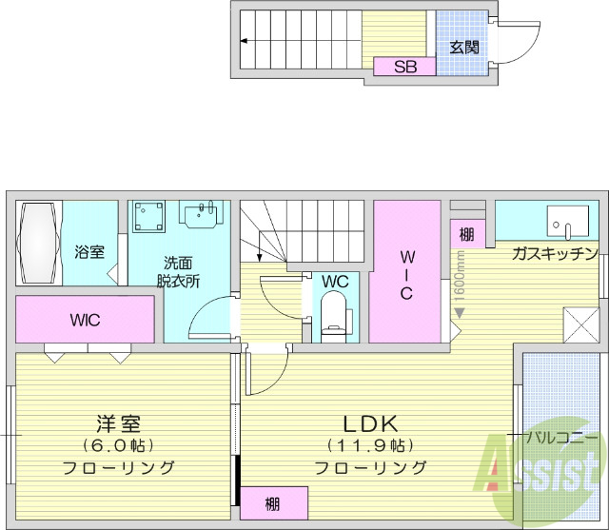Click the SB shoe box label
pyautogui.click(x=404, y=67)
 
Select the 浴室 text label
pyautogui.click(x=88, y=252)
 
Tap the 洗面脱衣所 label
pyautogui.click(x=178, y=271)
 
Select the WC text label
pyautogui.click(x=334, y=282)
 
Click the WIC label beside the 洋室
pyautogui.click(x=85, y=320)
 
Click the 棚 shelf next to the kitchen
pyautogui.click(x=466, y=234)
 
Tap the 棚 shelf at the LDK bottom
pyautogui.click(x=273, y=503)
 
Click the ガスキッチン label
pyautogui.click(x=554, y=253)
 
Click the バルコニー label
pyautogui.click(x=563, y=437)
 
